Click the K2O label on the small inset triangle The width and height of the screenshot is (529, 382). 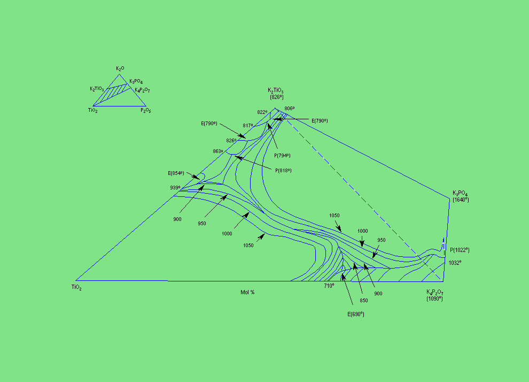(x=120, y=68)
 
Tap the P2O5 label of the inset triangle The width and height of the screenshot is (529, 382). (x=146, y=110)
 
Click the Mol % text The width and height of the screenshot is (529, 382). (x=247, y=292)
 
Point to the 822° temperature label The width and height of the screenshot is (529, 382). (x=262, y=112)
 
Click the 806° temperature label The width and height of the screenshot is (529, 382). (x=289, y=109)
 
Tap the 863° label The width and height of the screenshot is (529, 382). (x=217, y=151)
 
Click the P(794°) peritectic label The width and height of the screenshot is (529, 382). (x=282, y=156)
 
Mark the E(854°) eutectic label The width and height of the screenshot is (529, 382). (x=176, y=173)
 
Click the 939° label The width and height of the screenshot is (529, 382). (x=175, y=188)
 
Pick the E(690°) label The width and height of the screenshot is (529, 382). (x=356, y=314)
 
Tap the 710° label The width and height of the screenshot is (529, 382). (x=329, y=286)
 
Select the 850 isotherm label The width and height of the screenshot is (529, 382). (x=363, y=301)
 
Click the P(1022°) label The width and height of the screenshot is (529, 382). (x=459, y=249)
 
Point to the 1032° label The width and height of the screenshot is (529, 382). (x=455, y=263)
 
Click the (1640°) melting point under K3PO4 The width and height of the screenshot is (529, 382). (x=460, y=200)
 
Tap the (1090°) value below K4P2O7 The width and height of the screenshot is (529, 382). (x=434, y=299)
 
